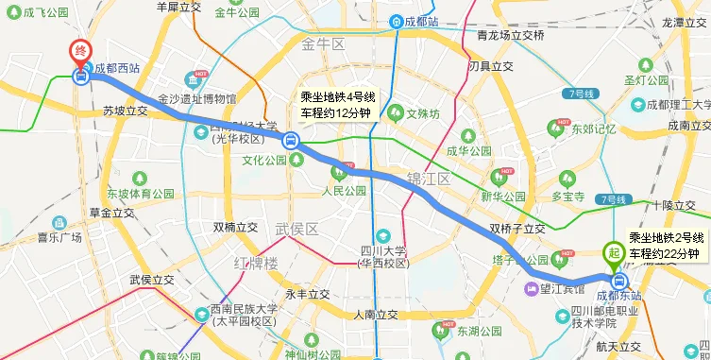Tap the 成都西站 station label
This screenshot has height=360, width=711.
pos(117,68)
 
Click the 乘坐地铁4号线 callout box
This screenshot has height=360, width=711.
pos(338,104)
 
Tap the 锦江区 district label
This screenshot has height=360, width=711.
pos(430,178)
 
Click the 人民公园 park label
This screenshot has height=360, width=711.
pos(343,190)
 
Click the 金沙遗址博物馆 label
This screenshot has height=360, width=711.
pos(196,98)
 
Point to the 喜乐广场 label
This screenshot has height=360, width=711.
pos(60,238)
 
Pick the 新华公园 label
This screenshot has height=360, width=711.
pos(502,197)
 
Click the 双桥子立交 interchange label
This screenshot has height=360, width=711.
pos(516,229)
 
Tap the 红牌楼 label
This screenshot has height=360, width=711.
pos(256,261)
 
